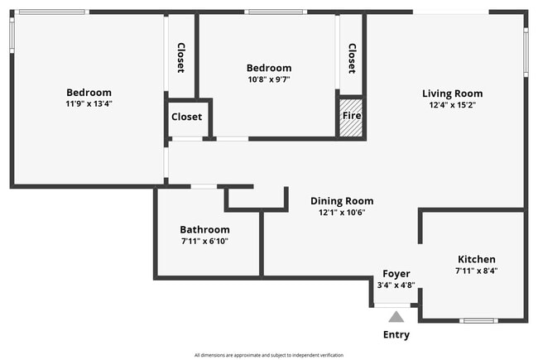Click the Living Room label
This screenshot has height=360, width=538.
pyautogui.click(x=452, y=94)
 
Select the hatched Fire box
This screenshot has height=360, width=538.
pyautogui.click(x=352, y=118)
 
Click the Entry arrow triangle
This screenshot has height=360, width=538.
pyautogui.click(x=396, y=316)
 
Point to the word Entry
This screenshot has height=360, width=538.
pyautogui.click(x=396, y=335)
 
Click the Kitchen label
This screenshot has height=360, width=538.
pyautogui.click(x=476, y=259)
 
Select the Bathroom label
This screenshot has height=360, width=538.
pyautogui.click(x=204, y=229)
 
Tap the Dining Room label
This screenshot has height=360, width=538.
pyautogui.click(x=342, y=200)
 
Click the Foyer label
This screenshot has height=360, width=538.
pyautogui.click(x=396, y=273)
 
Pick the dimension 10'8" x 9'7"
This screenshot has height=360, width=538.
pyautogui.click(x=269, y=79)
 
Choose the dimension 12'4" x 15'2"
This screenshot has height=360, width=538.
pyautogui.click(x=452, y=105)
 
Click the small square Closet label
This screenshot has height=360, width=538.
pyautogui.click(x=186, y=117)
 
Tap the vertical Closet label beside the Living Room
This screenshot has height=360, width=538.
pyautogui.click(x=352, y=58)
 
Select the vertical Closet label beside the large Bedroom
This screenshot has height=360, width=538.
pyautogui.click(x=180, y=58)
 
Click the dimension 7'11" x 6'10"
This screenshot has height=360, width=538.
pyautogui.click(x=204, y=241)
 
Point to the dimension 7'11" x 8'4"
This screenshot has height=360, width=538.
pyautogui.click(x=476, y=271)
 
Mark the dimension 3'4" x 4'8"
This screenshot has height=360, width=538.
pyautogui.click(x=396, y=285)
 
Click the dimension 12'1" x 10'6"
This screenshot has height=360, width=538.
pyautogui.click(x=342, y=212)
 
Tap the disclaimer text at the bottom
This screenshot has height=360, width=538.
pyautogui.click(x=269, y=354)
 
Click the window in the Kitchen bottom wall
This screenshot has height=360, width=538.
pyautogui.click(x=478, y=320)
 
